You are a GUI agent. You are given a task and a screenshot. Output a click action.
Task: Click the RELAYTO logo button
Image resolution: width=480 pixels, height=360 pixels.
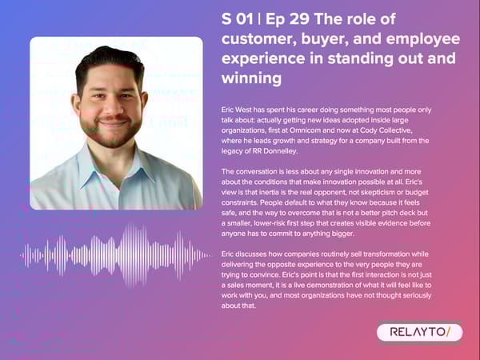418,332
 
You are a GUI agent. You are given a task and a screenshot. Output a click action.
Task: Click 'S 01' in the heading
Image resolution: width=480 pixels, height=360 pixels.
238,19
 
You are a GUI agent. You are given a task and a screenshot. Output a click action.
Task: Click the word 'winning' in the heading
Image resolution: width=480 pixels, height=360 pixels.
252,78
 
